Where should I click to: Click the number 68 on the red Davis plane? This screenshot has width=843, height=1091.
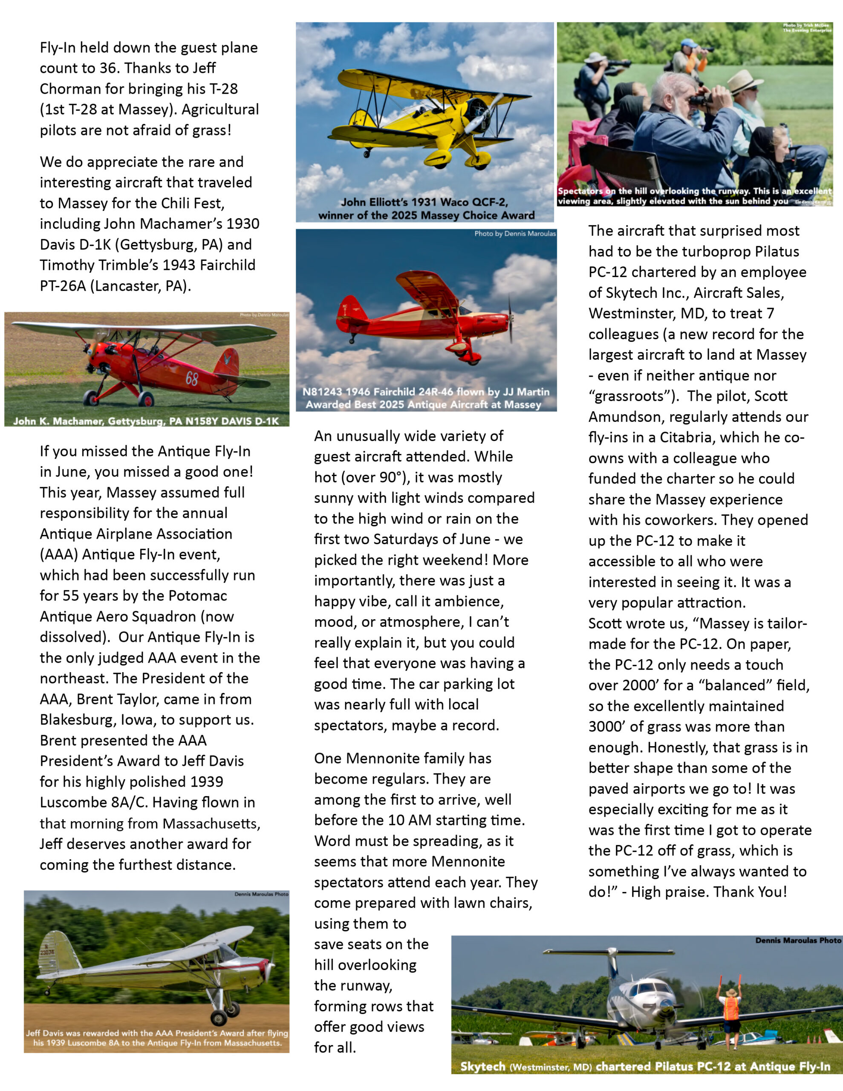coord(191,378)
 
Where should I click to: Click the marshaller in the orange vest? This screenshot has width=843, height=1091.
coord(730,1010)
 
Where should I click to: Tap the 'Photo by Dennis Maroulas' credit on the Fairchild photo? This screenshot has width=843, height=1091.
coord(515,233)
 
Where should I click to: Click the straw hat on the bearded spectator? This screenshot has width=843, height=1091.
coord(745,81)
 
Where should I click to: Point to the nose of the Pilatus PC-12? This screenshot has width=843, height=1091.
coord(667,1004)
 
